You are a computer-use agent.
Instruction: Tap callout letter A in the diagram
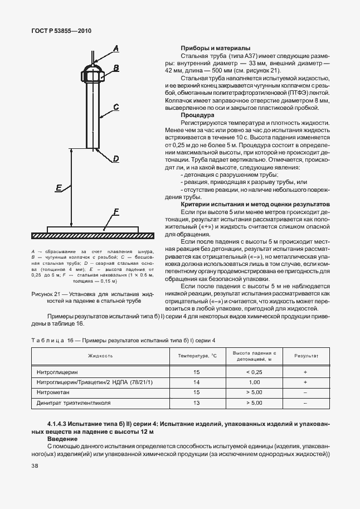[x=116, y=49]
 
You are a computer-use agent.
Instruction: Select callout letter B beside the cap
[x=116, y=68]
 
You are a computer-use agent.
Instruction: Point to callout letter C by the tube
[x=116, y=106]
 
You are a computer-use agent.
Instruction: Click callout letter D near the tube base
[x=116, y=159]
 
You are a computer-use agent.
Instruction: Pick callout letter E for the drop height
[x=59, y=188]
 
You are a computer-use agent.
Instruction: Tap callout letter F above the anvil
[x=116, y=211]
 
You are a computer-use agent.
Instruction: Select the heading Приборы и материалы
[x=215, y=48]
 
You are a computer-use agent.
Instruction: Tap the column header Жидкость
[x=100, y=355]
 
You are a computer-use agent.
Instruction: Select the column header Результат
[x=306, y=355]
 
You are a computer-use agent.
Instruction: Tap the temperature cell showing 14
[x=196, y=382]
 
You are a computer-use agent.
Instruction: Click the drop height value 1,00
[x=255, y=382]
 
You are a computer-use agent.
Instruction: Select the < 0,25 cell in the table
[x=255, y=371]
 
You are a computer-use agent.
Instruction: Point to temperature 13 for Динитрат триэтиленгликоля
[x=196, y=403]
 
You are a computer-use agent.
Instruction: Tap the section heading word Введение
[x=62, y=439]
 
